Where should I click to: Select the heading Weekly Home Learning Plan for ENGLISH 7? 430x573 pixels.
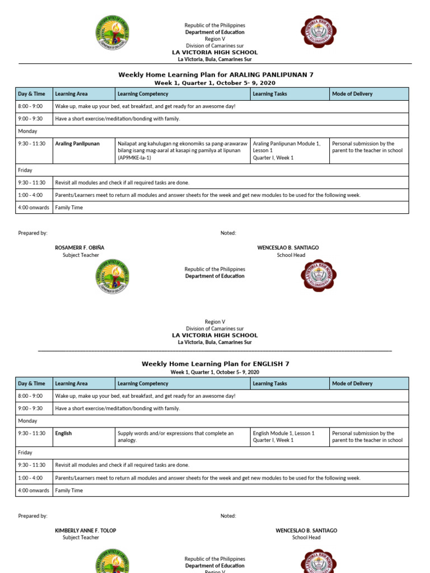216,364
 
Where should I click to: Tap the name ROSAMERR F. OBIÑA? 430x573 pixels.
80,247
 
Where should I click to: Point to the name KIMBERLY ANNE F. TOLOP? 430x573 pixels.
86,530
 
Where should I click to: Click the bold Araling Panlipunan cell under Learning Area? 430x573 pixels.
77,144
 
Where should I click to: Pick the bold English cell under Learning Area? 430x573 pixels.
63,433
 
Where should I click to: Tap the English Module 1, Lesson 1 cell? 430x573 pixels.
284,436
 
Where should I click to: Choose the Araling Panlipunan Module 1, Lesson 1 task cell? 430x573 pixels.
287,151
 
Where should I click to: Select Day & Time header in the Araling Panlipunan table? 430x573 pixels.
32,94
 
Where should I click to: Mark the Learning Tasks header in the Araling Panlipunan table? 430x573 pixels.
270,94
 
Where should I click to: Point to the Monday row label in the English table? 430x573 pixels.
28,421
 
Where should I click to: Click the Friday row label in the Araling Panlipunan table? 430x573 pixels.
25,170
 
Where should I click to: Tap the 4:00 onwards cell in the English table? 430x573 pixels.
34,491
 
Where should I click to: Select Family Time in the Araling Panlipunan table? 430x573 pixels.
69,208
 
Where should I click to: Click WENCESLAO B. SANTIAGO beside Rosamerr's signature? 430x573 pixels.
288,247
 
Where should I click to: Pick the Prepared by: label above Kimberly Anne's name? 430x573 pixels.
33,516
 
